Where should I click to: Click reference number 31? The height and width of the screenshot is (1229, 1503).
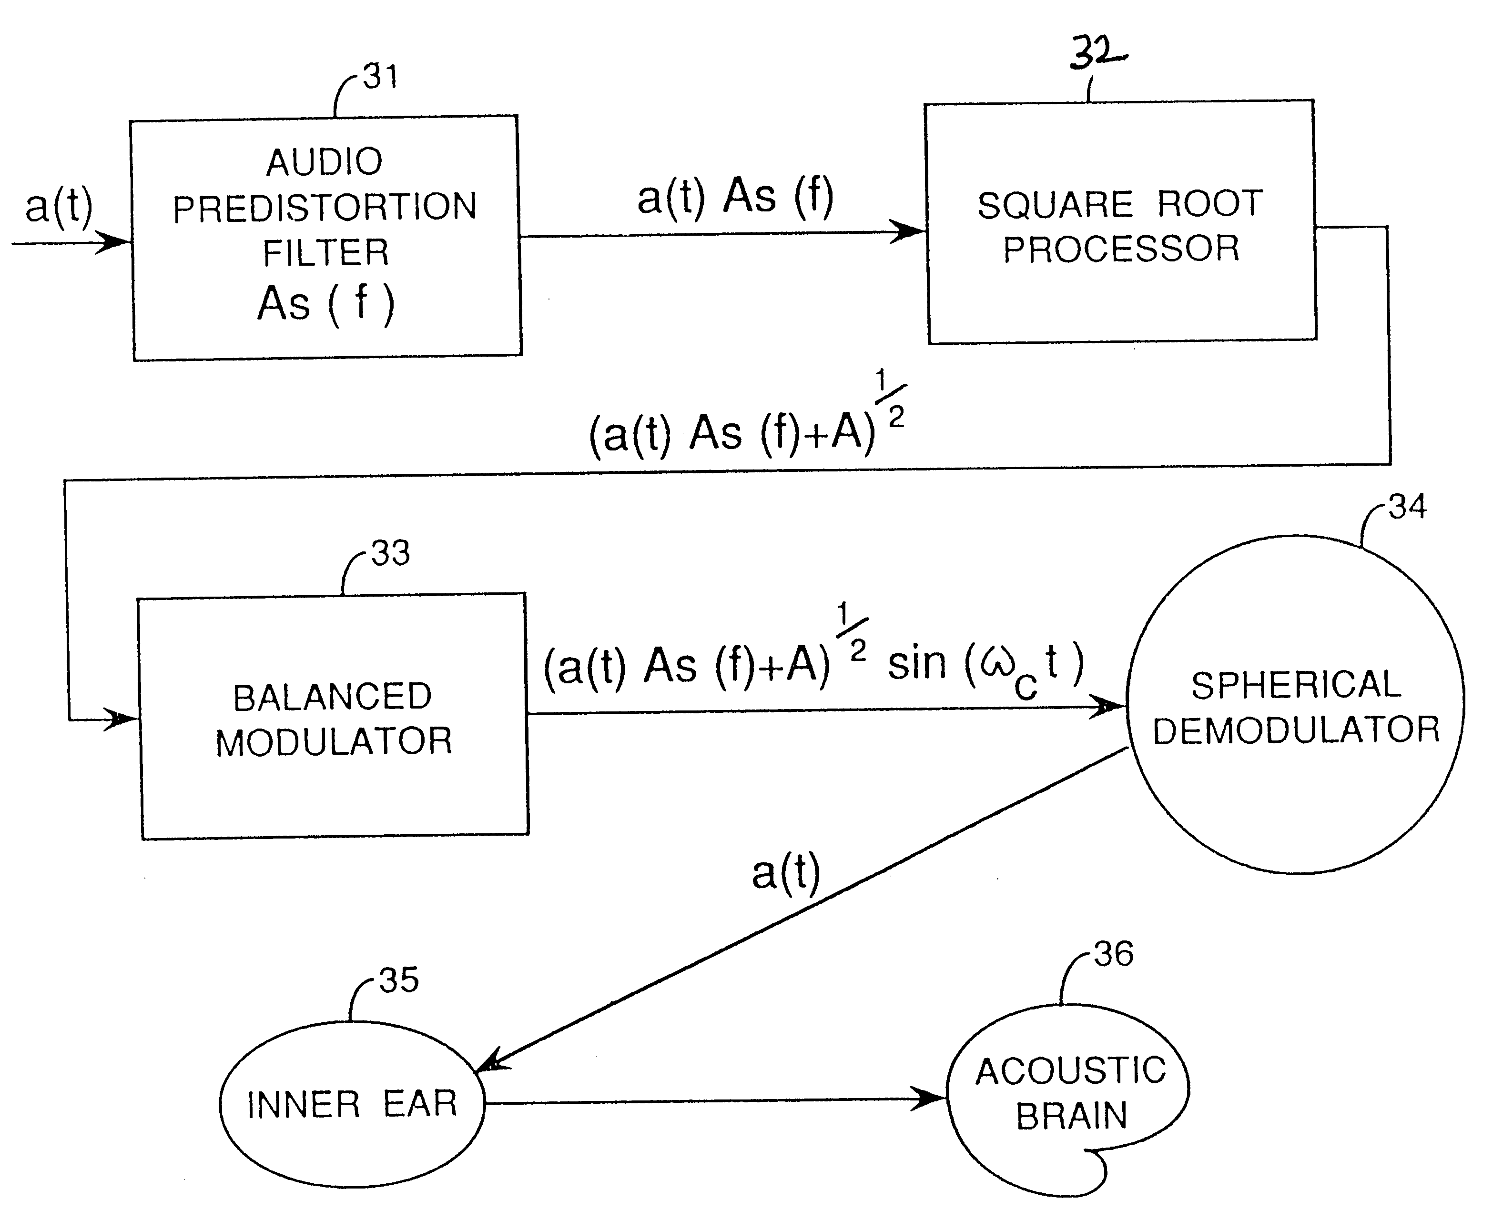[380, 77]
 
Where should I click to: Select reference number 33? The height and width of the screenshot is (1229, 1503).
[390, 553]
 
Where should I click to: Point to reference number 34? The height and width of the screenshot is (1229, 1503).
[1407, 507]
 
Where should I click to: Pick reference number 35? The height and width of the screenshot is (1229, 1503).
[399, 980]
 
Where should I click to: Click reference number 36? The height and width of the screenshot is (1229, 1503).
[1114, 954]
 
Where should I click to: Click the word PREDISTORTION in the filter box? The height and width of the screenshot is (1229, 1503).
[325, 208]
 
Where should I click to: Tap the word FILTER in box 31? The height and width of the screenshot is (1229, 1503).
[326, 253]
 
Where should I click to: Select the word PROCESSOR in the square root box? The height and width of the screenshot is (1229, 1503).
[1121, 249]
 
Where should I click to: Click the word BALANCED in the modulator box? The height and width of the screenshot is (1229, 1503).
[332, 697]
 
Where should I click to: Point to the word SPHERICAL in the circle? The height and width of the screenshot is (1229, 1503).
[1296, 685]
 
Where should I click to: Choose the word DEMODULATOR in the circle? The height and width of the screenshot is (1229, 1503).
[1296, 730]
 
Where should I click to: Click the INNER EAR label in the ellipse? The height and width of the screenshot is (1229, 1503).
[352, 1104]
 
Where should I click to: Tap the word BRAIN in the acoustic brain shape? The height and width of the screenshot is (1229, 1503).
[1071, 1117]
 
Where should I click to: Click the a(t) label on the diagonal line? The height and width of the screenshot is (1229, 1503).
[785, 873]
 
